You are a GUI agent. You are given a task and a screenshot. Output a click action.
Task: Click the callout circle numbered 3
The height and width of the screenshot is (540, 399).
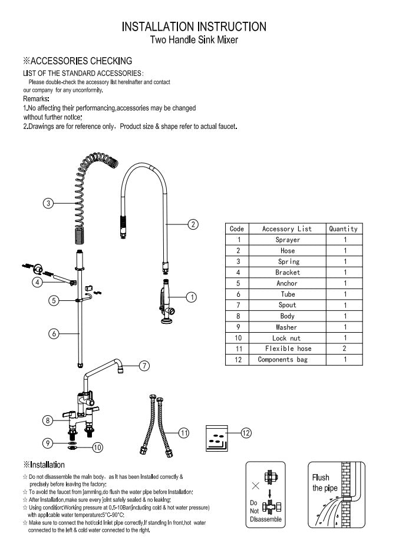click(x=49, y=203)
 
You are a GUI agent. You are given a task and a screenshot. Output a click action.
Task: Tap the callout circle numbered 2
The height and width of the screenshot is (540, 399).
click(x=193, y=224)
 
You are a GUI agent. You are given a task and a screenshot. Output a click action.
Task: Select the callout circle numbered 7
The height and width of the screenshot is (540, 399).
click(x=144, y=365)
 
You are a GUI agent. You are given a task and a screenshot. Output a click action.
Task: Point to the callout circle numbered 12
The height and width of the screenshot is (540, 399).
click(x=246, y=433)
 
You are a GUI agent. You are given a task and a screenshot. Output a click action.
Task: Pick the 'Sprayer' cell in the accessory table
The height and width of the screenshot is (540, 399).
click(x=288, y=240)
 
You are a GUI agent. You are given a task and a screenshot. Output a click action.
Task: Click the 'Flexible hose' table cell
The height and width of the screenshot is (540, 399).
click(x=288, y=349)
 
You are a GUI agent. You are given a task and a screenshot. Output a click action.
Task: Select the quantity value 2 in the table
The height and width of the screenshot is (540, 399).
click(x=345, y=349)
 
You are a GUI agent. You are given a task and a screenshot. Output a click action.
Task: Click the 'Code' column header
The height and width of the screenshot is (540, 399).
click(x=237, y=228)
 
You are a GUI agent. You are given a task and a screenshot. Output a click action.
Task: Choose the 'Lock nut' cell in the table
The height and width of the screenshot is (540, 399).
click(x=288, y=338)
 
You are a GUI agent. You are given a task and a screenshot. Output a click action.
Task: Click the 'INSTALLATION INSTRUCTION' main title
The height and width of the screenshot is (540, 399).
click(x=194, y=26)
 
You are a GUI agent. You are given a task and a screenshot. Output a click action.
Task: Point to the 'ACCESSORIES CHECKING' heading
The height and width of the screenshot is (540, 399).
click(x=77, y=61)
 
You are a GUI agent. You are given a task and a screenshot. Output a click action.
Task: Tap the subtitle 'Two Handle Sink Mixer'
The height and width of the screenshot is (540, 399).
click(x=194, y=40)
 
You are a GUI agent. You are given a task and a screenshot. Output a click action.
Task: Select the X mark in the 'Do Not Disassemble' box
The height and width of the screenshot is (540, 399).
click(x=255, y=486)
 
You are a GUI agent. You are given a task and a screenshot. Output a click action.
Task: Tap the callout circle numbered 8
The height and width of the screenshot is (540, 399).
click(x=48, y=420)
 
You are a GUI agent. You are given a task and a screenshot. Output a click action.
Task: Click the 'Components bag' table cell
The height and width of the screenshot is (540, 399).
click(x=288, y=360)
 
